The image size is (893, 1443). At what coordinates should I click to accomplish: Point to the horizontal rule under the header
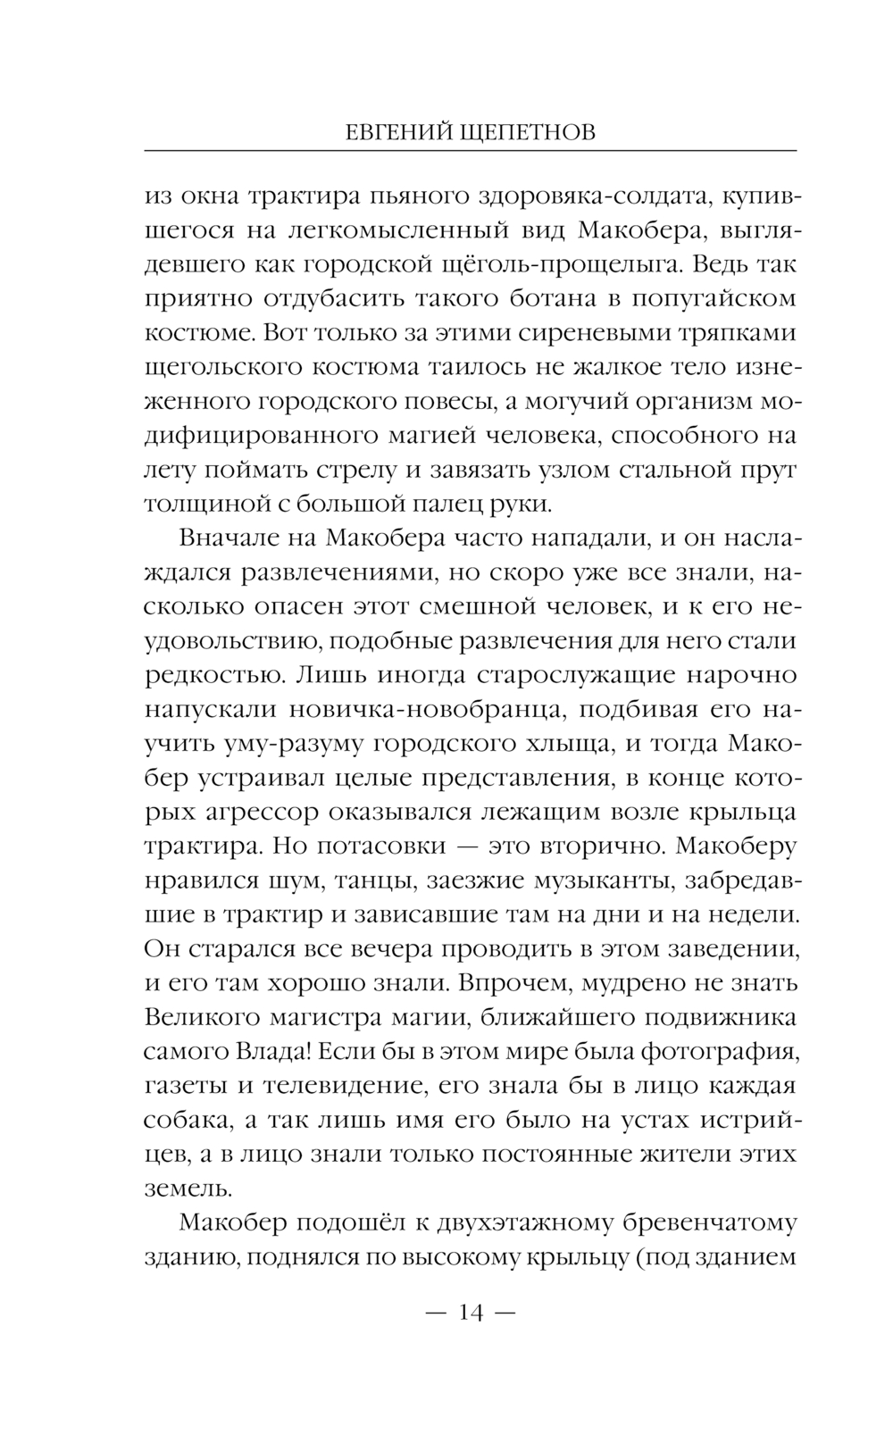click(470, 150)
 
